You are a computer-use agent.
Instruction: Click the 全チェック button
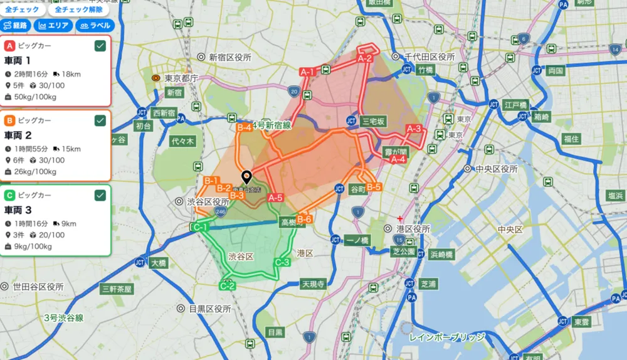point(23,9)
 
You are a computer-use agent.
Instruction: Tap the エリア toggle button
point(53,26)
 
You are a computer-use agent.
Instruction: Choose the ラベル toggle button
point(94,26)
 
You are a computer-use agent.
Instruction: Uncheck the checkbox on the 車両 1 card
point(100,46)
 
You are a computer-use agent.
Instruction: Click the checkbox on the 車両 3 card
point(100,195)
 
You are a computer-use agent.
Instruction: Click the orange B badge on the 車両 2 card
point(10,120)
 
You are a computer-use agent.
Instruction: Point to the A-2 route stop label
point(365,58)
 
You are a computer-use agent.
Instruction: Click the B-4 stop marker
point(244,127)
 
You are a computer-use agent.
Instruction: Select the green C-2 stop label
point(227,286)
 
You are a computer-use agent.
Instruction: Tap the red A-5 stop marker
point(275,198)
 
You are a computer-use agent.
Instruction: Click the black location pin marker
point(246,177)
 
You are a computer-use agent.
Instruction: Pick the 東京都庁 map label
point(181,78)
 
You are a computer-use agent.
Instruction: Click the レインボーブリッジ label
point(446,337)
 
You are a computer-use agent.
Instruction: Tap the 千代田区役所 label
point(428,56)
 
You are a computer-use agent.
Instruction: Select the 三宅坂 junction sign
point(375,121)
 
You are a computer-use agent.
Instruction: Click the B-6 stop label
point(304,219)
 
